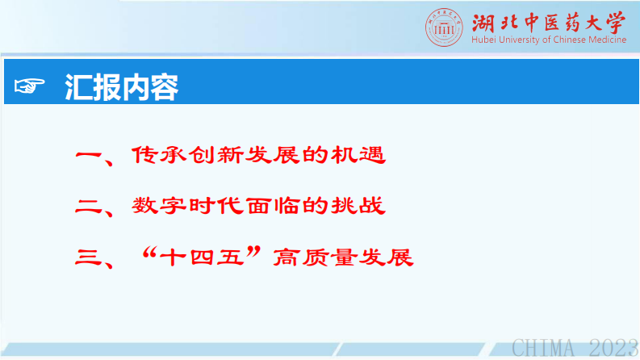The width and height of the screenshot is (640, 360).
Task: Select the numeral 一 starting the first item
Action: (x=87, y=155)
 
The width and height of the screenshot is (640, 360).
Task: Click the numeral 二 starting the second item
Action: (x=87, y=207)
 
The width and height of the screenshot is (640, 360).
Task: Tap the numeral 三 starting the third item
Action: (x=87, y=259)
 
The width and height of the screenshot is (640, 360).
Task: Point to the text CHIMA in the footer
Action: (x=544, y=349)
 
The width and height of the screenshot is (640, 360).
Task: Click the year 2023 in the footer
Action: (x=612, y=349)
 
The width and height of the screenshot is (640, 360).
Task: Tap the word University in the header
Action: (x=520, y=40)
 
